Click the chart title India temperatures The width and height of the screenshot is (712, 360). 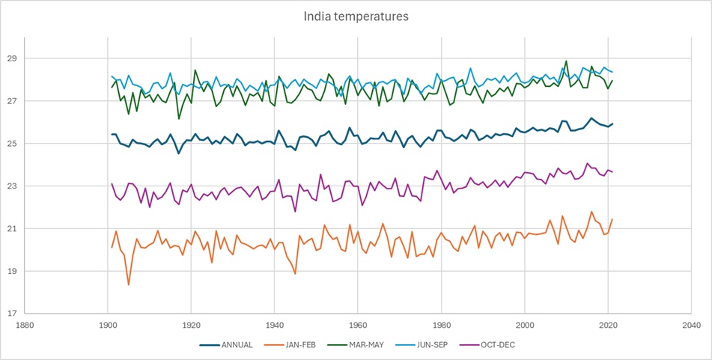pos(356,16)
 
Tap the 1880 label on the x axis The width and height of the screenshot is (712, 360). pos(24,326)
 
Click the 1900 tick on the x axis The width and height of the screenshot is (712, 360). pos(108,326)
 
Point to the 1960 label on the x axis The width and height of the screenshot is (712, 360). pos(358,326)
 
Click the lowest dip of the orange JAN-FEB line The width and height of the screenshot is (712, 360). pos(129,284)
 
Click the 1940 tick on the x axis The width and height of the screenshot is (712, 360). pos(275,326)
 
